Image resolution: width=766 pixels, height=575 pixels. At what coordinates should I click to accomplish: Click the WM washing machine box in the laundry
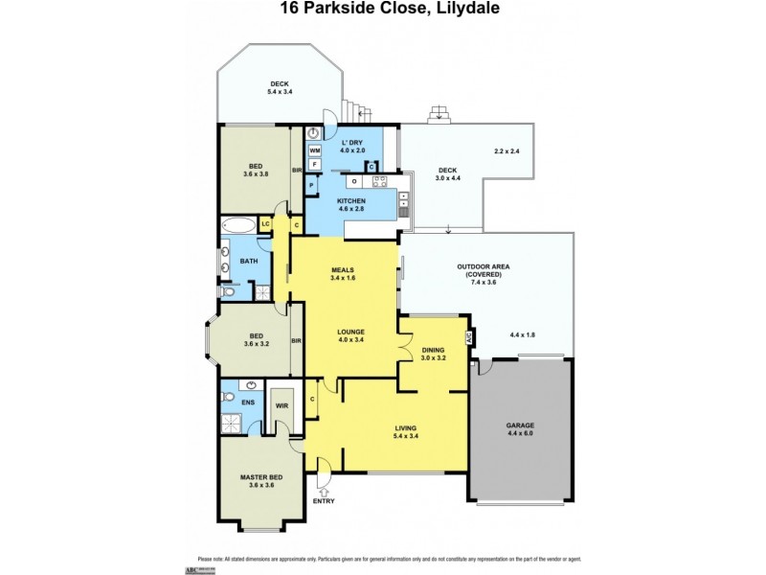[315, 150]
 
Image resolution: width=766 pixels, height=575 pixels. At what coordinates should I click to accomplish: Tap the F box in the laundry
[315, 164]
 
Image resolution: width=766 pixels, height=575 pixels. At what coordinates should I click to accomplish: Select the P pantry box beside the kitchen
[313, 184]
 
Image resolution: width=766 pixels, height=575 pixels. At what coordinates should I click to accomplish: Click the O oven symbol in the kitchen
[354, 180]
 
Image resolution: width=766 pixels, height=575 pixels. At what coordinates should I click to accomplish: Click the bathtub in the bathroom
[239, 227]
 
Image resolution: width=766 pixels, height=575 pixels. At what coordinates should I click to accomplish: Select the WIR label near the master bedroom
[282, 405]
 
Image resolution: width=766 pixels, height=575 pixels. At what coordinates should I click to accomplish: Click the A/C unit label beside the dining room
[469, 338]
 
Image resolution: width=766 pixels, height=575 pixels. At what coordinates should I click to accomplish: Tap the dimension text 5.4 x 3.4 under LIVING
[406, 436]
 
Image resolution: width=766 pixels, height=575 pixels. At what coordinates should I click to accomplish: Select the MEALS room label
[343, 269]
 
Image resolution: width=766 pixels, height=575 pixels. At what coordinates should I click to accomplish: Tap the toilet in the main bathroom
[227, 291]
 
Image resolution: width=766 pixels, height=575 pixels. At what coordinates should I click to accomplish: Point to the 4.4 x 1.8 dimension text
[523, 334]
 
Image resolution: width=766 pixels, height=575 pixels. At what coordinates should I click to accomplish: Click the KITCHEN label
[350, 200]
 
